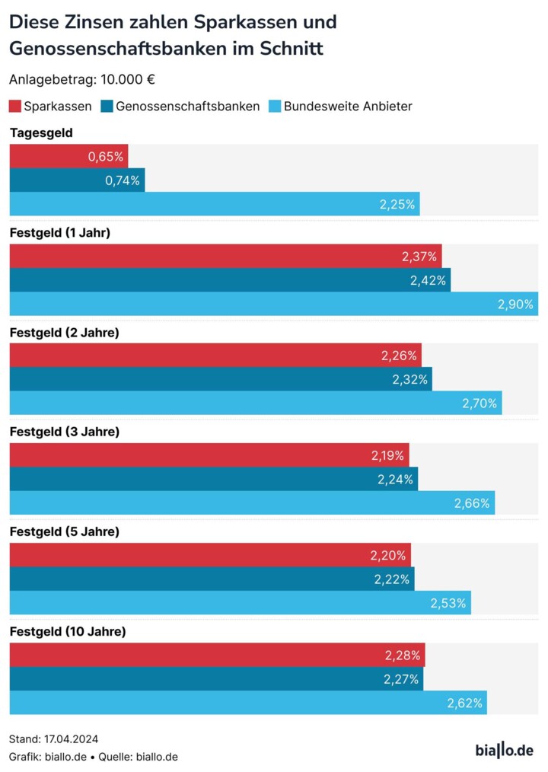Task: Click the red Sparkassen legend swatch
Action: (15, 107)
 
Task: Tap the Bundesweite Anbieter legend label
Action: (348, 107)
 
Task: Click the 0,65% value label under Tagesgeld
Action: (105, 157)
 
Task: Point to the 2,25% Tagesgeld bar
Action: (214, 204)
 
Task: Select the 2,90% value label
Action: (516, 304)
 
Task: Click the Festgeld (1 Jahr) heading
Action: (59, 233)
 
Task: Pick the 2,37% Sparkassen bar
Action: (225, 257)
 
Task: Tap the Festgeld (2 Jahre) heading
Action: (64, 333)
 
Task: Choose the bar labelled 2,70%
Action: (255, 403)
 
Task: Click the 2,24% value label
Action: (396, 479)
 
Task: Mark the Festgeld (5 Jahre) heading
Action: (64, 531)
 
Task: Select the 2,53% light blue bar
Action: (240, 602)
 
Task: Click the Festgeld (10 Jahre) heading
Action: (67, 631)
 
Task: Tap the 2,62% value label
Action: (465, 703)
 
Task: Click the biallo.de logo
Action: (505, 750)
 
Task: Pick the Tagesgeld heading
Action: (41, 133)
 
